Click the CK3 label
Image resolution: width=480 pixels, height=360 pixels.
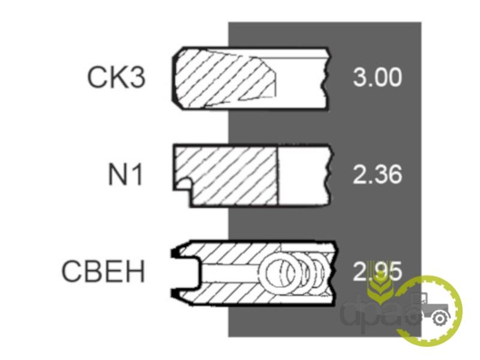point(116,77)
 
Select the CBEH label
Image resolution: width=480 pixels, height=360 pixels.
point(103,271)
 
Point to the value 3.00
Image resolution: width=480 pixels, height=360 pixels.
point(377,77)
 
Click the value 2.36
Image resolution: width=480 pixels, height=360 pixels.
point(377,174)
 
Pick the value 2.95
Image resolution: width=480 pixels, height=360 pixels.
point(377,271)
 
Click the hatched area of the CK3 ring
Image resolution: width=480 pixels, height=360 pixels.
point(223,79)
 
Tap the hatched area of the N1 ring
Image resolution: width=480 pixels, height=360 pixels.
point(228,175)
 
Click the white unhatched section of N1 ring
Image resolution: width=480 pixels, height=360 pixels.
point(303,175)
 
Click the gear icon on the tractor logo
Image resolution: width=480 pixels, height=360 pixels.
point(440,319)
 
